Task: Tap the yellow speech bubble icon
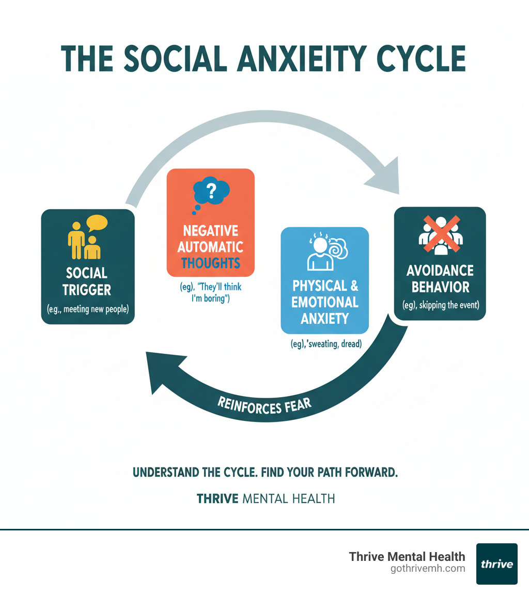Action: [97, 223]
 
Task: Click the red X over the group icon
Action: [440, 234]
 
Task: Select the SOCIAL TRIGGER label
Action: [87, 281]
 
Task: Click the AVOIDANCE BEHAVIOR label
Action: [440, 278]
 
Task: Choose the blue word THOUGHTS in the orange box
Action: [210, 262]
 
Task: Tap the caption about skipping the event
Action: [441, 305]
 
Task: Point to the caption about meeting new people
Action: [88, 310]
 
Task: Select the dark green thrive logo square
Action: [496, 563]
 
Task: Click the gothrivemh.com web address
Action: [428, 569]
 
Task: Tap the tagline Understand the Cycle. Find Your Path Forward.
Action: [265, 473]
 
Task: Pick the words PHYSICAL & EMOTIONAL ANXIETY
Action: [325, 302]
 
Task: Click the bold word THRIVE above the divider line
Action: [217, 499]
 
